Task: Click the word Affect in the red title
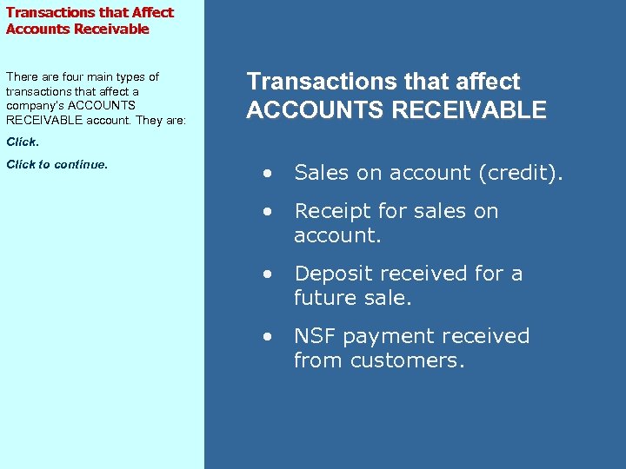[x=152, y=12]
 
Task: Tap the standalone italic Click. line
[x=23, y=141]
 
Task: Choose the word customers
[x=407, y=360]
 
